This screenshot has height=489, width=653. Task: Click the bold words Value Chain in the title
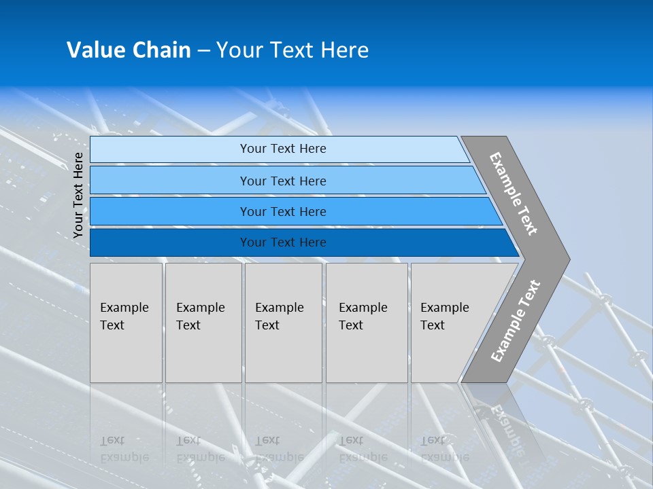tap(129, 50)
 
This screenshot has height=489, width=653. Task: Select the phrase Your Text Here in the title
tap(292, 50)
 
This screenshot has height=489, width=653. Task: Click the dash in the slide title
tap(203, 51)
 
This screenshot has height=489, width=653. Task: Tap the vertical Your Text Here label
tap(78, 195)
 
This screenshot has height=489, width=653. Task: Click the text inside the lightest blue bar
tap(283, 149)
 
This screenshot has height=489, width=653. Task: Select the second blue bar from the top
tap(283, 181)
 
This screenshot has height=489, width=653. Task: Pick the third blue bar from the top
tap(283, 212)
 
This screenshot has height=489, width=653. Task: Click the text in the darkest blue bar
tap(283, 242)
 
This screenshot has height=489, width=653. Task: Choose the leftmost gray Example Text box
tap(126, 323)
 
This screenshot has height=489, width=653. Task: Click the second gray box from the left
tap(203, 323)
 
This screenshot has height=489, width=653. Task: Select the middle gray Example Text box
tap(283, 323)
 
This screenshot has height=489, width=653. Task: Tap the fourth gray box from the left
tap(367, 323)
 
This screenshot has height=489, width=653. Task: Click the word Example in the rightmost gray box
tap(445, 308)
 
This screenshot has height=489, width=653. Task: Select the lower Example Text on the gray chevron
tap(515, 321)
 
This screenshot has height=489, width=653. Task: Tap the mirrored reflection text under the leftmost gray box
tap(124, 449)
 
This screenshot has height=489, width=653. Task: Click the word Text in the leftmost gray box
tap(112, 325)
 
